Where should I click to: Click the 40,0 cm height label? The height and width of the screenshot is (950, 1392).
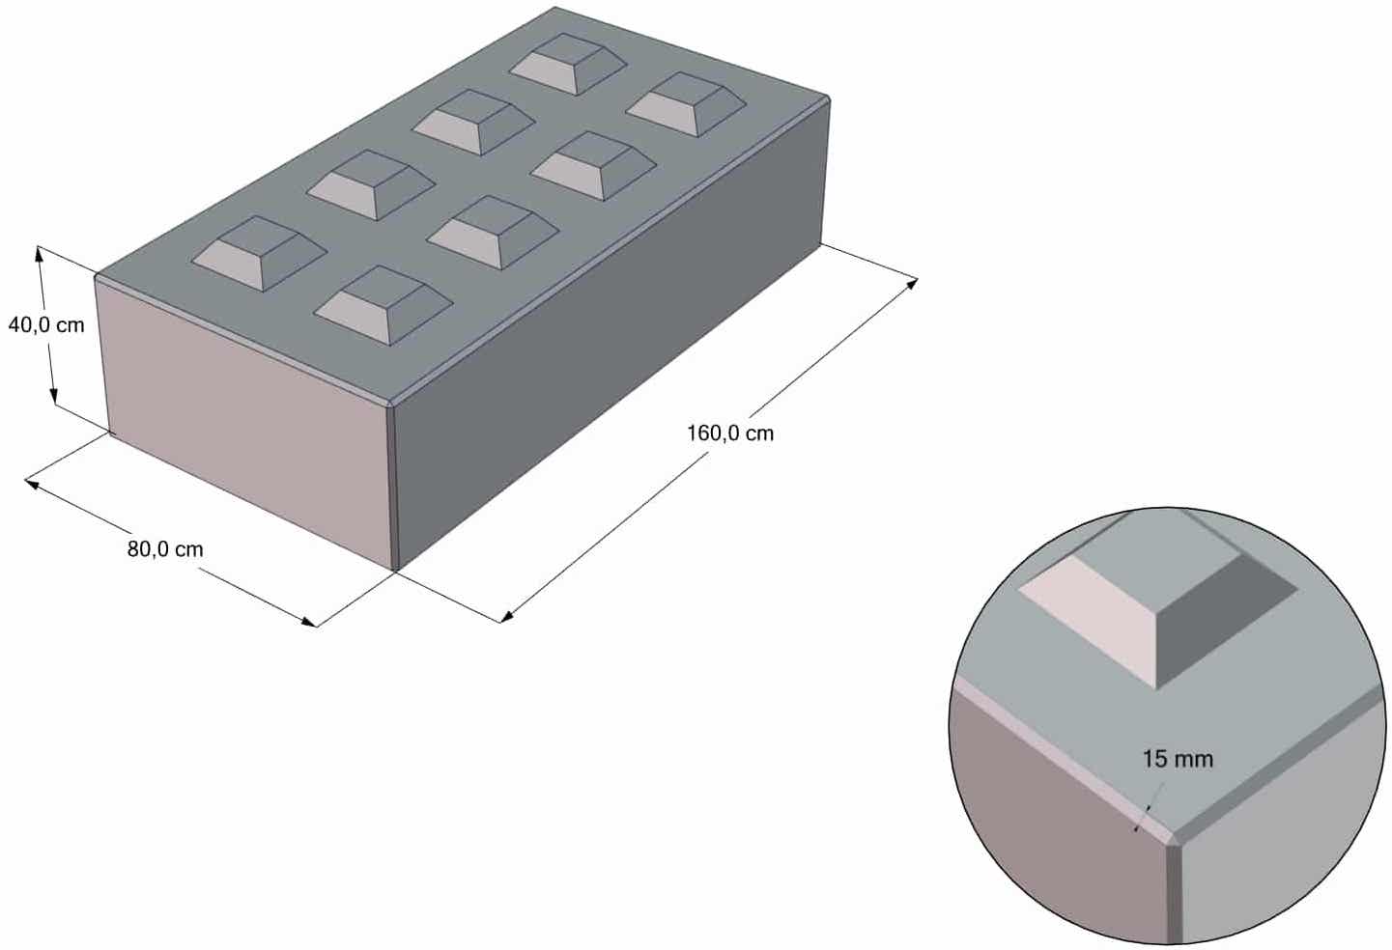click(x=46, y=325)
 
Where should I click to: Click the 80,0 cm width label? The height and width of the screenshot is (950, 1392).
click(x=165, y=549)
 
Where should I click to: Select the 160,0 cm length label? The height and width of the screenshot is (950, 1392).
click(x=730, y=433)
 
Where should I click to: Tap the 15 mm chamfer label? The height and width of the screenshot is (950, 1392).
click(x=1178, y=759)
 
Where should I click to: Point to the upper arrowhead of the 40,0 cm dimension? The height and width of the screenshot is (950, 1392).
click(x=40, y=254)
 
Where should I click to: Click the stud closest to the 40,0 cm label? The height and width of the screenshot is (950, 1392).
click(x=260, y=252)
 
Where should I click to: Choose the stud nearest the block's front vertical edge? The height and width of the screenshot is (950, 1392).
click(x=384, y=305)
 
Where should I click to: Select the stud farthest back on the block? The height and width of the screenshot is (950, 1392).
click(x=568, y=64)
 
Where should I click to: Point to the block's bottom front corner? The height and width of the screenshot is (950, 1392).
click(x=395, y=571)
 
